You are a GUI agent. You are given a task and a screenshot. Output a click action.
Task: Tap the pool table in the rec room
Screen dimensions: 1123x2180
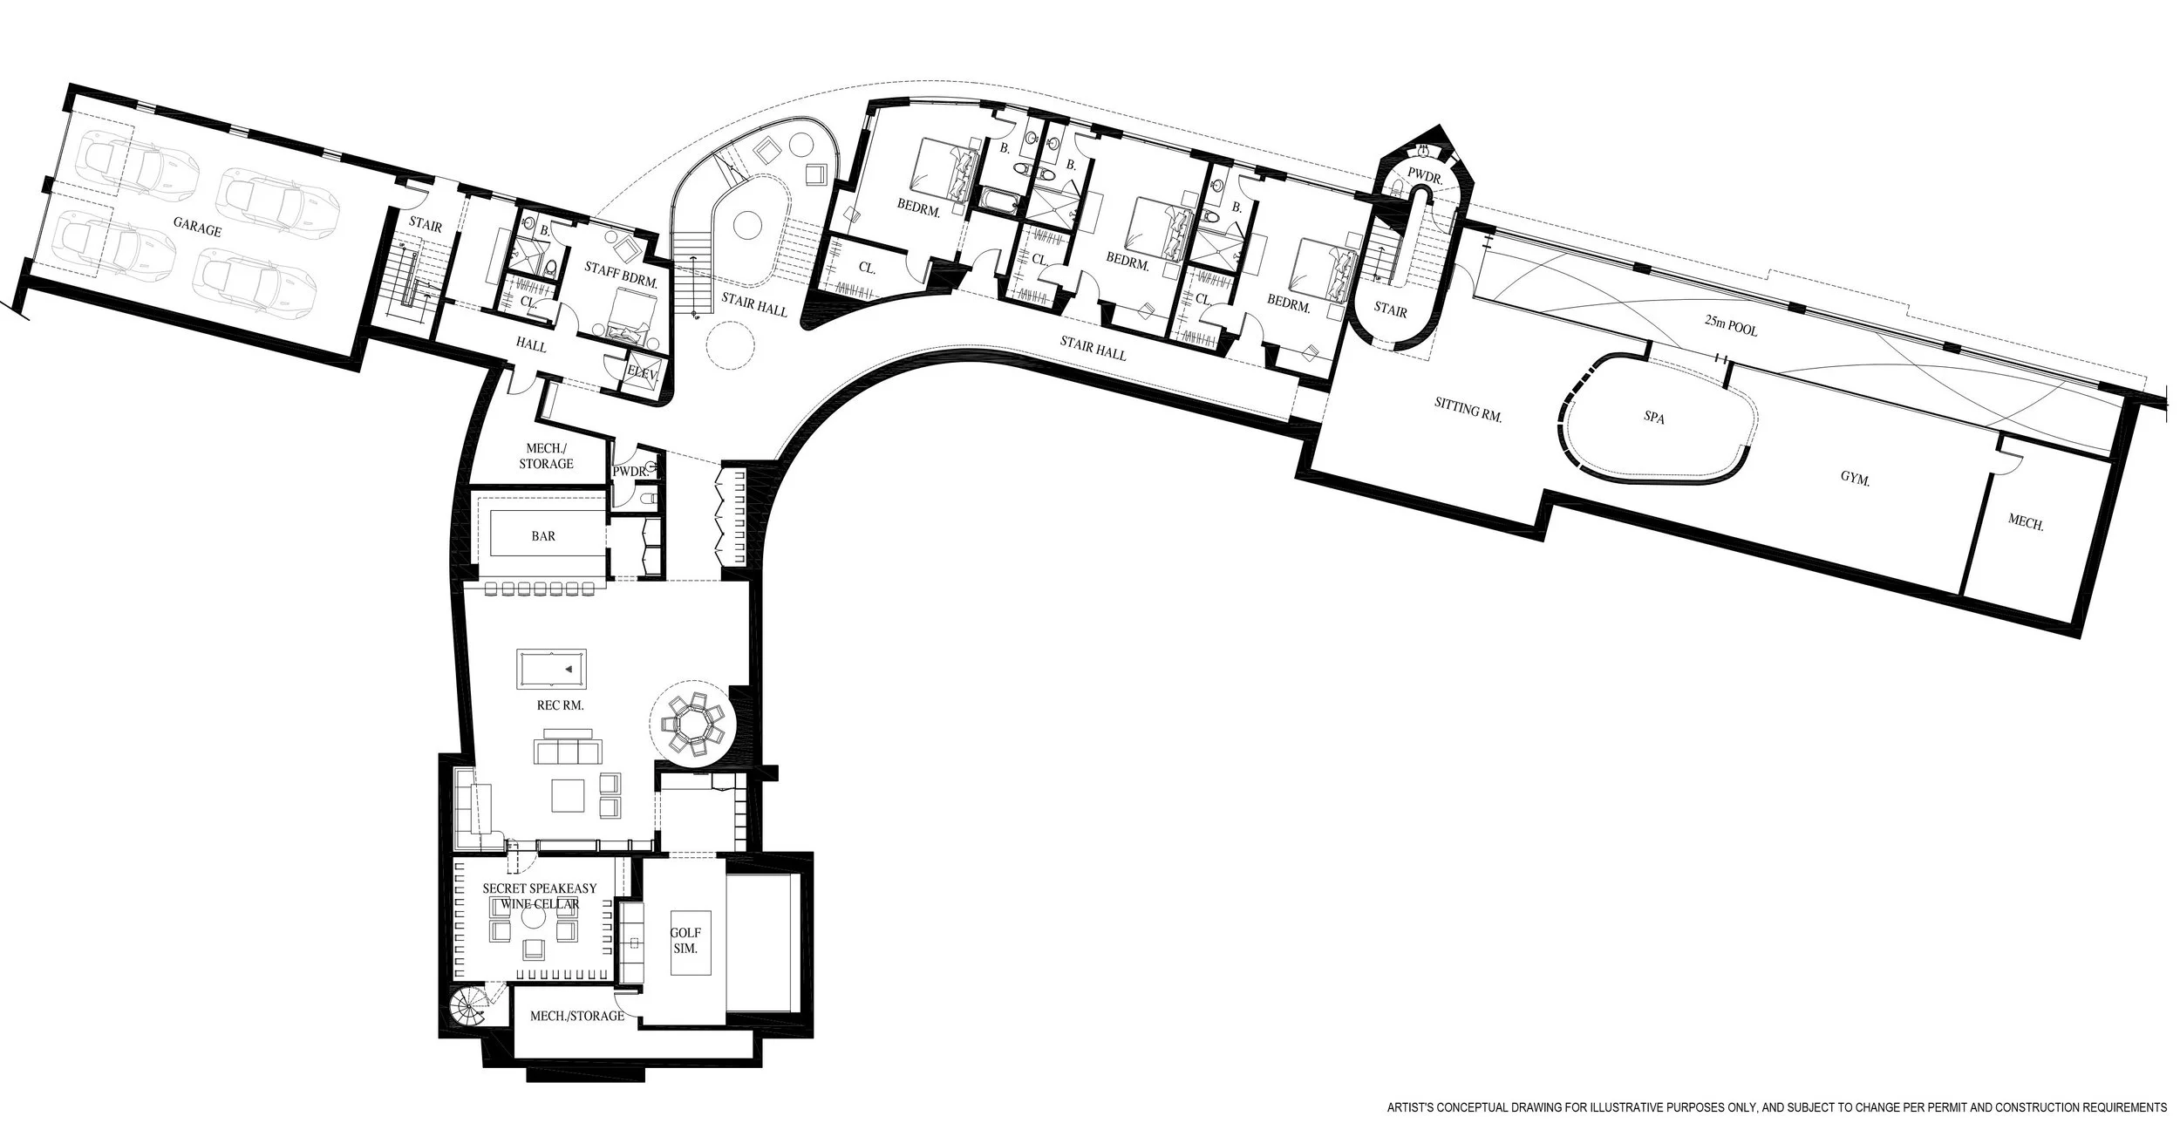click(x=551, y=669)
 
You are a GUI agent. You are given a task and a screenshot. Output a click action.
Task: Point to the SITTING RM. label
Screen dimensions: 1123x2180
click(x=1468, y=409)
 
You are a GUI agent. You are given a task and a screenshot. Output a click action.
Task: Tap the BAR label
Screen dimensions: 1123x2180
click(x=543, y=536)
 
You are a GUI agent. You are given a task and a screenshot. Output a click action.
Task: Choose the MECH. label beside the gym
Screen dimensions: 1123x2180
click(x=2026, y=524)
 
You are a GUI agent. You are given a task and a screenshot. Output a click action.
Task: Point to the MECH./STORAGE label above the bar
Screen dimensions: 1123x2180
click(x=546, y=456)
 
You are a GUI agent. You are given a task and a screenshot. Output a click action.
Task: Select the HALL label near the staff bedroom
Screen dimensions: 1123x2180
click(x=531, y=346)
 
